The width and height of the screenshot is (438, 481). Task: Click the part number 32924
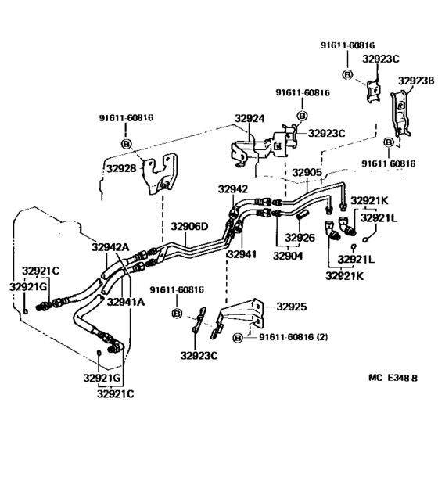(250, 120)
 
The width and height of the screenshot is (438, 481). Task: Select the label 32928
(121, 167)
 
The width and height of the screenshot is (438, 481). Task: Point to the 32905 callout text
(307, 173)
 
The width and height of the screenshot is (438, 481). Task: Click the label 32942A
(109, 247)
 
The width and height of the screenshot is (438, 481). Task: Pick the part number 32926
(299, 237)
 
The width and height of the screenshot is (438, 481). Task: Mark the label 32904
(288, 255)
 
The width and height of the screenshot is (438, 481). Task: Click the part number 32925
(292, 307)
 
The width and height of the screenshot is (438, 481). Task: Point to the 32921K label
(368, 201)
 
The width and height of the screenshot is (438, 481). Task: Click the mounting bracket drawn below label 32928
(160, 175)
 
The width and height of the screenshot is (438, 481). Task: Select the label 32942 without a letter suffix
(232, 188)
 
